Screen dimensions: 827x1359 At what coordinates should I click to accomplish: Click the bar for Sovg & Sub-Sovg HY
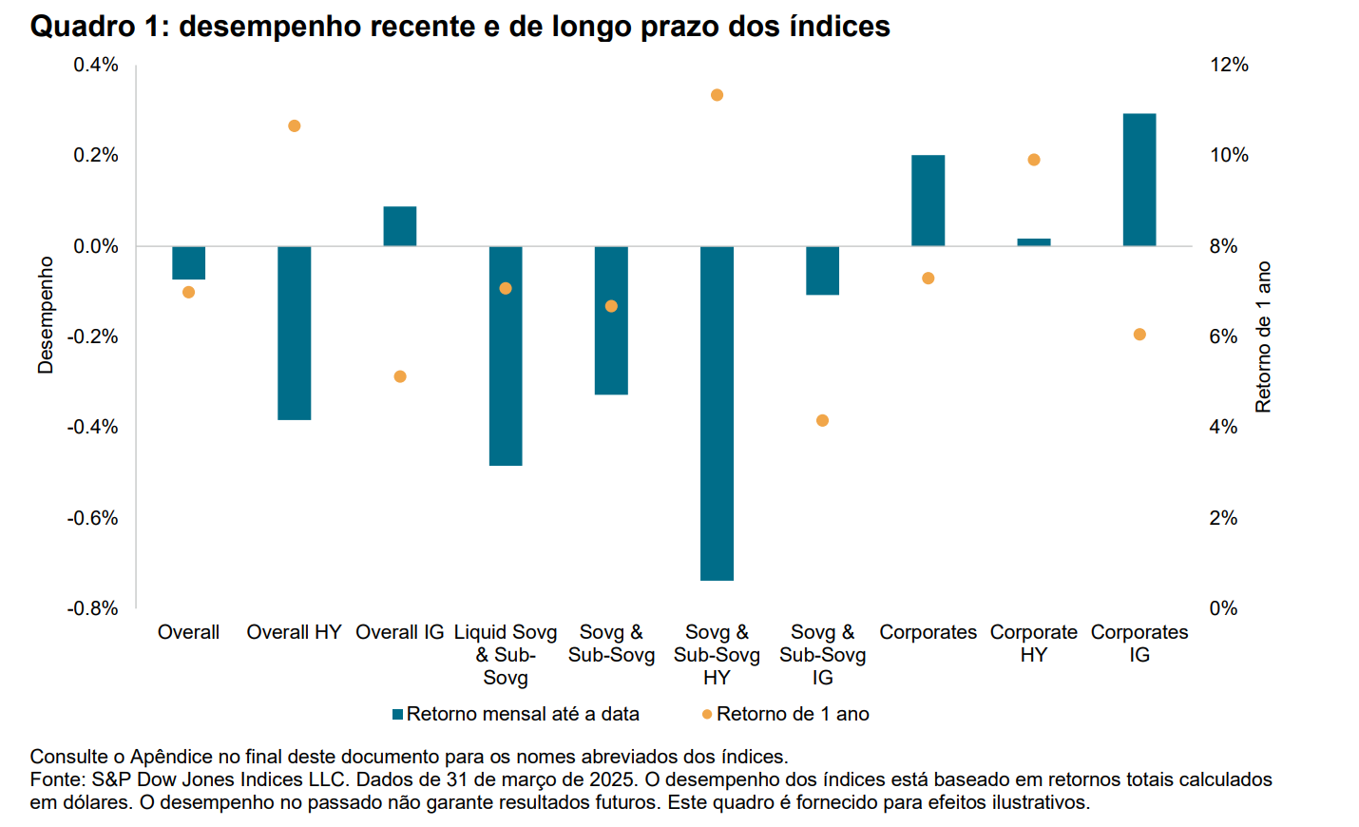[x=717, y=413]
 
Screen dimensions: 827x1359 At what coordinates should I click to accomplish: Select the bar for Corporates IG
[x=1139, y=180]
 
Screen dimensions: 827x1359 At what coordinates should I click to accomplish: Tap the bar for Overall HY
[x=294, y=333]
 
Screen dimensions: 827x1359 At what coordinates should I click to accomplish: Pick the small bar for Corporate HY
[x=1033, y=242]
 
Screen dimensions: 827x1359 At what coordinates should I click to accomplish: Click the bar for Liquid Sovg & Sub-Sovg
[x=505, y=356]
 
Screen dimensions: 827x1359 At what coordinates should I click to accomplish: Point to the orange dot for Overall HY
[x=294, y=125]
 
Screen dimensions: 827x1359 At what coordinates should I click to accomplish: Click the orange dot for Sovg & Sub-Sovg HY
[x=717, y=95]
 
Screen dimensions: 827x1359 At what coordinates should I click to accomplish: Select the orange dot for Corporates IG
[x=1139, y=335]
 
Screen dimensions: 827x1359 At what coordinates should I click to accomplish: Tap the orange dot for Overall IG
[x=400, y=376]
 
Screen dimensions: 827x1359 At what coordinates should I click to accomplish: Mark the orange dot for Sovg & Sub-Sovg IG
[x=822, y=420]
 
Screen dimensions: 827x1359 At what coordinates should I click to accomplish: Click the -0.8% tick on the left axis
[x=92, y=608]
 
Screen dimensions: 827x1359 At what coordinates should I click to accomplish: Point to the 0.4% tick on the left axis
[x=96, y=65]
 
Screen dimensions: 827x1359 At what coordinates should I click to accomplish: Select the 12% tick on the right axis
[x=1229, y=65]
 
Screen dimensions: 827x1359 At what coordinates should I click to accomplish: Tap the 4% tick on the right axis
[x=1223, y=427]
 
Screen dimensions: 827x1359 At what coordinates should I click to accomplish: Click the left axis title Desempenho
[x=45, y=315]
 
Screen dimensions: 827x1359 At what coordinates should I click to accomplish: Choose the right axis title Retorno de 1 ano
[x=1263, y=337]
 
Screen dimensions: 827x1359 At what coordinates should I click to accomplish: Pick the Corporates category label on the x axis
[x=928, y=632]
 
